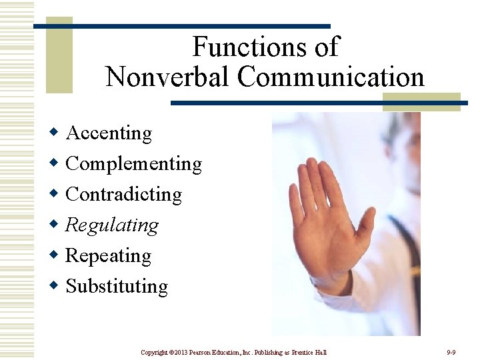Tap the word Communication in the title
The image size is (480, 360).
tap(331, 77)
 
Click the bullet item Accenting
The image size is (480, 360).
tap(109, 133)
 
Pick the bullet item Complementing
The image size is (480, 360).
tap(133, 164)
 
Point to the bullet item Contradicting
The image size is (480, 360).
tap(123, 195)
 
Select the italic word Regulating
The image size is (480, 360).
tap(112, 225)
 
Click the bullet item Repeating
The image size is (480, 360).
tap(108, 256)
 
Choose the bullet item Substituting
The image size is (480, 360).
tap(117, 287)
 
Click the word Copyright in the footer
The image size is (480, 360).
tap(155, 352)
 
